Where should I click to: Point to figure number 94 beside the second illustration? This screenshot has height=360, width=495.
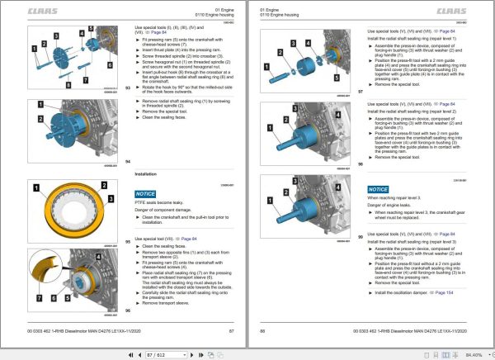(x=128, y=161)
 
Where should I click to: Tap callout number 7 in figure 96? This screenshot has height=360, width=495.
(x=39, y=293)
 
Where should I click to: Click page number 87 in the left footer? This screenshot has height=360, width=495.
(x=233, y=331)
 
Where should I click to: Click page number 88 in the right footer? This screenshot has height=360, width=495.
(x=263, y=331)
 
